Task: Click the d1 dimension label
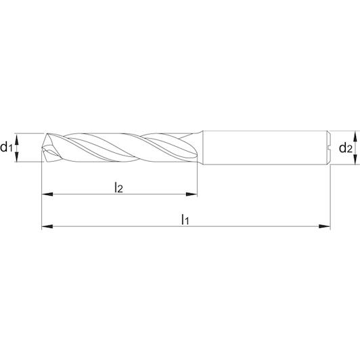[x=6, y=147]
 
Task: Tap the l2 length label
[x=118, y=187]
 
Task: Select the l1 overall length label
[x=185, y=219]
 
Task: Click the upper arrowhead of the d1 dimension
[x=16, y=139]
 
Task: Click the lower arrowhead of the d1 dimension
[x=16, y=156]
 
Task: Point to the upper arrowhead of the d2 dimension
[x=355, y=136]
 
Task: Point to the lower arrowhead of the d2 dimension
[x=355, y=159]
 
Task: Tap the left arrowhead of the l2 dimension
[x=47, y=194]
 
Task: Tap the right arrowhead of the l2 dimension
[x=192, y=194]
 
